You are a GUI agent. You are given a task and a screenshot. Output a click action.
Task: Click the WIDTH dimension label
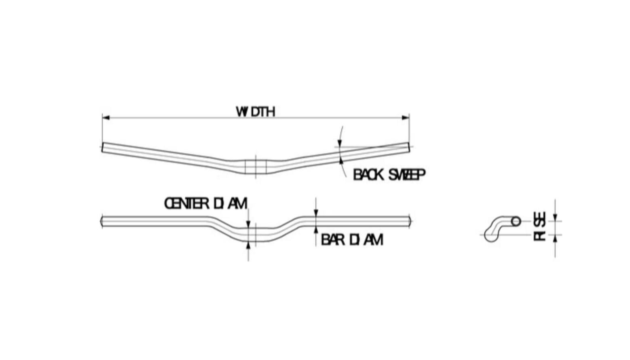256,112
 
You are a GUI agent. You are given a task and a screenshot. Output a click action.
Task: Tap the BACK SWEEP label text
389,175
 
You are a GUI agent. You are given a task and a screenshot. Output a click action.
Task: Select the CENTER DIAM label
205,203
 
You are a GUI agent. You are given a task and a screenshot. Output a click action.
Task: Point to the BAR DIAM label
352,240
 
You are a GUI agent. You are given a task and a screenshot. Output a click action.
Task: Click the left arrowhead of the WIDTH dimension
106,118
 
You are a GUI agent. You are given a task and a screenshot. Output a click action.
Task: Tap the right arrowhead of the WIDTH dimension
406,118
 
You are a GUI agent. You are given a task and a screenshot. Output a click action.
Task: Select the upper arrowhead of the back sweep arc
340,143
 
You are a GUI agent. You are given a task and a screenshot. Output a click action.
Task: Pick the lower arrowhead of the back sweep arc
341,161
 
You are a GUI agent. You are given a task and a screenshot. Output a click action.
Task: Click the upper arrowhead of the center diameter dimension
248,224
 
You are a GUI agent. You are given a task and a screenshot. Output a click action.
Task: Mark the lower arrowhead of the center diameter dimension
248,245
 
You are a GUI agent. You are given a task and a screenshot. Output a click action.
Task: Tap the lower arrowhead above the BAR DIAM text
316,230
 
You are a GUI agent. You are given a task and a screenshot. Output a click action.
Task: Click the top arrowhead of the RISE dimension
555,218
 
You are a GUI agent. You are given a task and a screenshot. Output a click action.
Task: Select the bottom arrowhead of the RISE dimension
555,239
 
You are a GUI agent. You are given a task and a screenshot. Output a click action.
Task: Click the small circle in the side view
516,221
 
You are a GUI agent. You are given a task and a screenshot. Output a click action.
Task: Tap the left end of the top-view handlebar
102,147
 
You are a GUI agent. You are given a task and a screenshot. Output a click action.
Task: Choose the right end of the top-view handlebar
408,147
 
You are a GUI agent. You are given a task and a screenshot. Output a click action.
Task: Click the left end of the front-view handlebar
101,221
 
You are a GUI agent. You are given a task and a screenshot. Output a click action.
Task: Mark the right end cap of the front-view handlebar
410,221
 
